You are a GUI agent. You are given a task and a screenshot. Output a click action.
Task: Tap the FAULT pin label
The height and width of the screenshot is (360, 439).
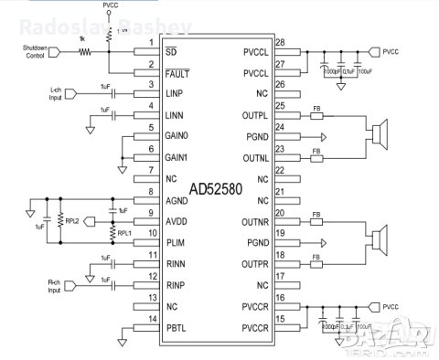click(x=177, y=72)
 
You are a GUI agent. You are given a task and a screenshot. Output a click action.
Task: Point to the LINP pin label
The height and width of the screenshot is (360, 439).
click(x=175, y=93)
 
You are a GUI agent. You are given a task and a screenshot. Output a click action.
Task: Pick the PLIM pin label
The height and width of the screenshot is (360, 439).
click(x=175, y=241)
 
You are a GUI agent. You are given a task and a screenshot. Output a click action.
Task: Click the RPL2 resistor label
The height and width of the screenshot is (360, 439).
click(x=71, y=219)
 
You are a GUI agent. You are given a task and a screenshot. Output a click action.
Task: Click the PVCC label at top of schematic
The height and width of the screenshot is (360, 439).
click(x=111, y=5)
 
